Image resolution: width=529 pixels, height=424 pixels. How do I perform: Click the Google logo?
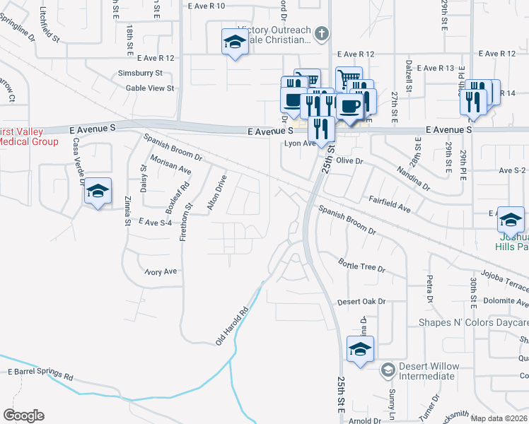pyautogui.click(x=23, y=416)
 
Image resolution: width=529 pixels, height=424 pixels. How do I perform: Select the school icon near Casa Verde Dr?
pyautogui.click(x=98, y=192)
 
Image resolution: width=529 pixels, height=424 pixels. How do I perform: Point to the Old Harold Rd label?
pyautogui.click(x=234, y=326)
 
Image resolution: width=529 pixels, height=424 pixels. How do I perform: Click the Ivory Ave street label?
pyautogui.click(x=160, y=271)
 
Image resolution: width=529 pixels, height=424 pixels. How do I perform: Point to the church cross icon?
pyautogui.click(x=322, y=33)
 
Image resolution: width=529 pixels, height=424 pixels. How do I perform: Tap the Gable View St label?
pyautogui.click(x=149, y=88)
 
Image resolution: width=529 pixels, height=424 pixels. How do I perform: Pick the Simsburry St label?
pyautogui.click(x=140, y=73)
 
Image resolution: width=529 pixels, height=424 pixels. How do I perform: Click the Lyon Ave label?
pyautogui.click(x=299, y=143)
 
